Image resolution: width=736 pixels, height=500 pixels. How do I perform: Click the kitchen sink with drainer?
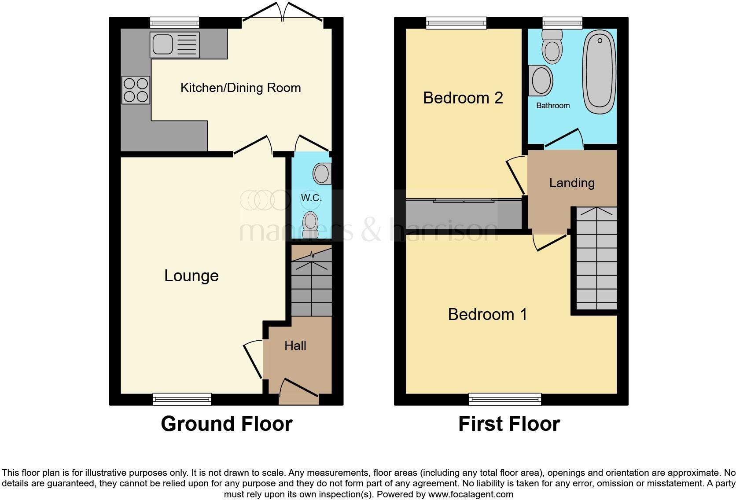tap(174, 44)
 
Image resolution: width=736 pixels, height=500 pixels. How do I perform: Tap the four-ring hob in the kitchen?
tap(136, 90)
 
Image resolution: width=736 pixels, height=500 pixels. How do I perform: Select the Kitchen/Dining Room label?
tap(240, 88)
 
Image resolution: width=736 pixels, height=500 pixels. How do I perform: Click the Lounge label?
tap(191, 276)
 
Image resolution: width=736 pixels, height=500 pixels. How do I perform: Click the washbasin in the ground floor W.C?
tap(322, 174)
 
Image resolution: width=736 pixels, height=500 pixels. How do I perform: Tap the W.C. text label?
tap(311, 198)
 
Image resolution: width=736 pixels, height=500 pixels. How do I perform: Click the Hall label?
tap(295, 346)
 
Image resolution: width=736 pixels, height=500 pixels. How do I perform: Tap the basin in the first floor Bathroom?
tap(541, 81)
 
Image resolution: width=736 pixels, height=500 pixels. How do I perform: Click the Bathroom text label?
tap(553, 106)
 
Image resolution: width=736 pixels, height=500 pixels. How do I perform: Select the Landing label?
tap(572, 183)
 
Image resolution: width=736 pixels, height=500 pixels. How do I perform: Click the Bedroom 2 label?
tap(463, 98)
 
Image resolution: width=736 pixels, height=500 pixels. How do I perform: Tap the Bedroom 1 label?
tap(487, 314)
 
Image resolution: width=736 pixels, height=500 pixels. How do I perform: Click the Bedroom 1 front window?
tap(505, 399)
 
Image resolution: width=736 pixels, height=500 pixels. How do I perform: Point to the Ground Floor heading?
tap(226, 424)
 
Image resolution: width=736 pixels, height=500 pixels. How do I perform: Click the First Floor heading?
tap(509, 424)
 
